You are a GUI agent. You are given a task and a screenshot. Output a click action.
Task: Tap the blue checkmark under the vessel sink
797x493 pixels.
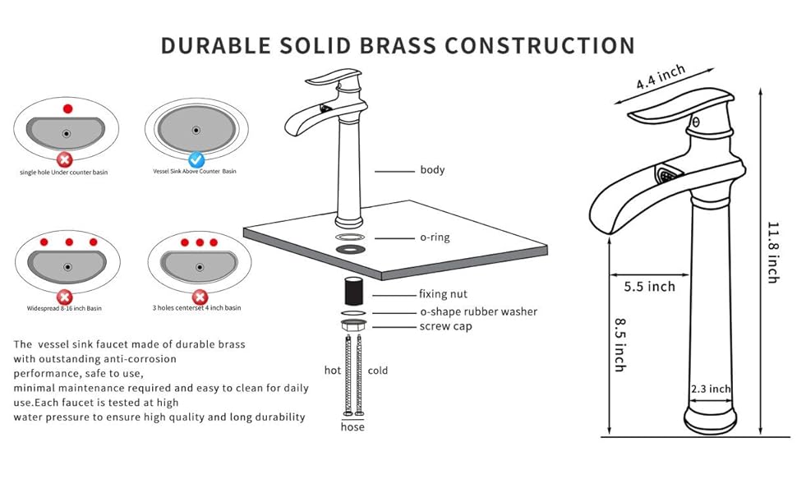196,159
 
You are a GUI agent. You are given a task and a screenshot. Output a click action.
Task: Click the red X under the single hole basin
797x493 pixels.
66,159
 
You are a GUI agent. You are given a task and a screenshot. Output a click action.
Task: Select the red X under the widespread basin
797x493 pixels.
65,297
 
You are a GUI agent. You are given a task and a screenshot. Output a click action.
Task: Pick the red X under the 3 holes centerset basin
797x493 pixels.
198,297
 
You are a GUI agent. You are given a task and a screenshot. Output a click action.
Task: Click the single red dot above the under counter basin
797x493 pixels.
67,108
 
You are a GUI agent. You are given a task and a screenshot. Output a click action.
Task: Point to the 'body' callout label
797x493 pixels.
432,170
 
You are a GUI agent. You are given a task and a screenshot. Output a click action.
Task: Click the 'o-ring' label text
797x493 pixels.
435,237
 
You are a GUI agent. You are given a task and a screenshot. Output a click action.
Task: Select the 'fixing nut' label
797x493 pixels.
443,294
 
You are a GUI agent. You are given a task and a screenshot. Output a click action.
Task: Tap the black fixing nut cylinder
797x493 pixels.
354,291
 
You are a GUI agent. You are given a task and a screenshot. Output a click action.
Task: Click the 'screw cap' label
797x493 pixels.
445,326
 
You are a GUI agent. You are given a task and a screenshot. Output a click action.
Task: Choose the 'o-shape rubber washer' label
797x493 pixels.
478,311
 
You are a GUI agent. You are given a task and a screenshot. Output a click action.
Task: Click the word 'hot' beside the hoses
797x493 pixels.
332,371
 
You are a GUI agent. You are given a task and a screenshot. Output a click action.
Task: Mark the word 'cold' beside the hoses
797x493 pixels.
378,371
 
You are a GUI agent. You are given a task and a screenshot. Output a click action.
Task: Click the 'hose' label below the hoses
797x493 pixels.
352,427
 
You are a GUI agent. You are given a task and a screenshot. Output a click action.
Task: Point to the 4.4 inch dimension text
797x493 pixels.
660,78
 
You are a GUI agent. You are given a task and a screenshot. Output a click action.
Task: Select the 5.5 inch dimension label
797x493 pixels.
648,287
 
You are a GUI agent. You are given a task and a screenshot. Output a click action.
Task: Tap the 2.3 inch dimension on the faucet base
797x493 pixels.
710,389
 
